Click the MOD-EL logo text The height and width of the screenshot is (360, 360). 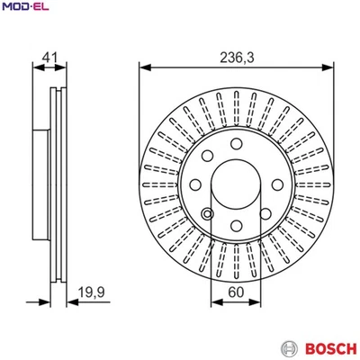pyautogui.click(x=28, y=8)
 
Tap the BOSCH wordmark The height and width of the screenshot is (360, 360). pyautogui.click(x=327, y=346)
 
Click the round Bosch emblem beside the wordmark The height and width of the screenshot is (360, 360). pyautogui.click(x=289, y=346)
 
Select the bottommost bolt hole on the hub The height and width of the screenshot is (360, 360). pyautogui.click(x=236, y=226)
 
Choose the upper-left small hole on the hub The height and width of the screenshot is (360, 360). pyautogui.click(x=206, y=154)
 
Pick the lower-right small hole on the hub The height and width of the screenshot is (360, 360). pyautogui.click(x=265, y=214)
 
